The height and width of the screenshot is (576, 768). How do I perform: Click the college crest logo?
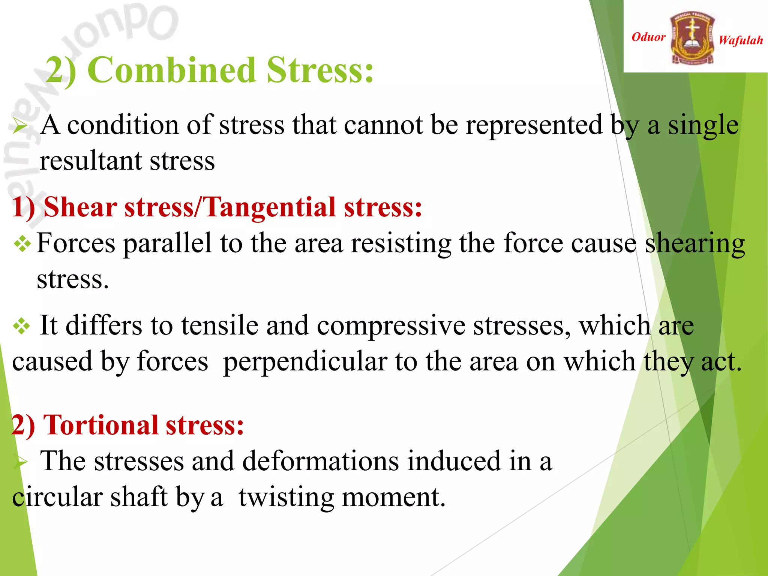click(692, 37)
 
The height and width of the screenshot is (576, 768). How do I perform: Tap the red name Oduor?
click(648, 37)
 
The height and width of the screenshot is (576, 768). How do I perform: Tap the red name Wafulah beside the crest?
click(741, 40)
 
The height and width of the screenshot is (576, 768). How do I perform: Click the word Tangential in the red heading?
click(270, 207)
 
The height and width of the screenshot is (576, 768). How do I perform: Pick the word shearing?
click(694, 244)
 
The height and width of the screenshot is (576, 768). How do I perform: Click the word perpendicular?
click(305, 362)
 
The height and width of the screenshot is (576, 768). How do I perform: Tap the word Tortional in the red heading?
click(101, 425)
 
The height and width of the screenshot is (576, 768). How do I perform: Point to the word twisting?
click(286, 498)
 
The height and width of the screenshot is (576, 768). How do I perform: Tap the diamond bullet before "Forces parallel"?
click(22, 244)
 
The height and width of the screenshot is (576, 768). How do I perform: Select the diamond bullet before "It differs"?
click(21, 326)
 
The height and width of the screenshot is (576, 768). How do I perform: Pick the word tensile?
click(220, 325)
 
